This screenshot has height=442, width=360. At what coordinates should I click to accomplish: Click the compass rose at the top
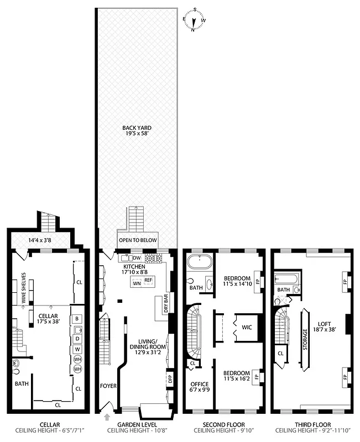pyautogui.click(x=194, y=20)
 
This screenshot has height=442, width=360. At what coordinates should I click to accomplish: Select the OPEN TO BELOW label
pyautogui.click(x=138, y=241)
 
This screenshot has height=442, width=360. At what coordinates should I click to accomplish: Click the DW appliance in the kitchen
pyautogui.click(x=136, y=258)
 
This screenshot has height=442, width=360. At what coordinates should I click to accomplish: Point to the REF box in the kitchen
pyautogui.click(x=148, y=280)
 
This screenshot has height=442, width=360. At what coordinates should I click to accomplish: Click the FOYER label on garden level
pyautogui.click(x=108, y=386)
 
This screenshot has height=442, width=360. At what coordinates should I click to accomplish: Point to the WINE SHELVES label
pyautogui.click(x=24, y=285)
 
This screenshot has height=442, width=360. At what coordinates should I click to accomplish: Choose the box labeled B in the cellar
pyautogui.click(x=77, y=318)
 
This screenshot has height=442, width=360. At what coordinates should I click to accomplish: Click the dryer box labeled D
pyautogui.click(x=77, y=339)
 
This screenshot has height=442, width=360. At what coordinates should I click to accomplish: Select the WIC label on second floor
pyautogui.click(x=246, y=327)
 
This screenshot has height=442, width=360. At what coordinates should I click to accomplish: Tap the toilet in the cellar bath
pyautogui.click(x=15, y=364)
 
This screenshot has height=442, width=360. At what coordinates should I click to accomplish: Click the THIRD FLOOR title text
pyautogui.click(x=310, y=426)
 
